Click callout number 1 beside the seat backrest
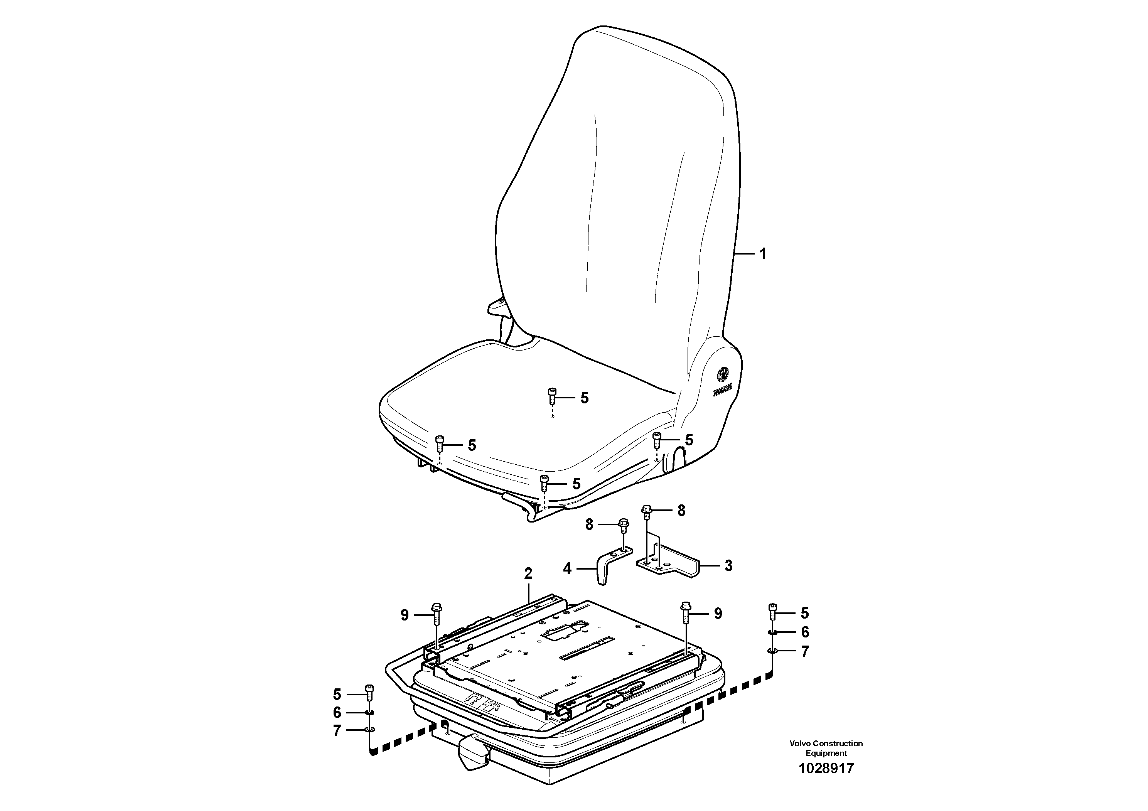coord(762,255)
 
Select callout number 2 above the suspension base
coord(528,573)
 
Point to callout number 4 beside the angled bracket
coord(567,568)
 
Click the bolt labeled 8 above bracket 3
coord(646,511)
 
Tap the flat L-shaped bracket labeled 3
coord(670,564)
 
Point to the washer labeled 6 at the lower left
coord(369,712)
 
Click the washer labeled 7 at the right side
coord(772,651)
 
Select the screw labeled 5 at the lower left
coord(369,693)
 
